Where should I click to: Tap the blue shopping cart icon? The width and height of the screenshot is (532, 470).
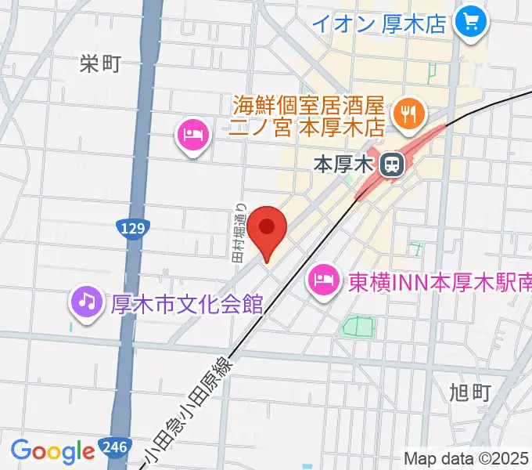click(x=471, y=21)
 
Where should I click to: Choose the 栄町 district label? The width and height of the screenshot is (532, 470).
click(x=99, y=64)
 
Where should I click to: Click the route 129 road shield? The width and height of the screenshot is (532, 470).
click(x=131, y=229)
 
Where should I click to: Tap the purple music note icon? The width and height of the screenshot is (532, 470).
click(x=87, y=299)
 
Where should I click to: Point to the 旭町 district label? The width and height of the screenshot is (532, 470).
click(x=471, y=392)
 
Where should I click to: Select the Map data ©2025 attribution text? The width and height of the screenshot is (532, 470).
click(x=466, y=458)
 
